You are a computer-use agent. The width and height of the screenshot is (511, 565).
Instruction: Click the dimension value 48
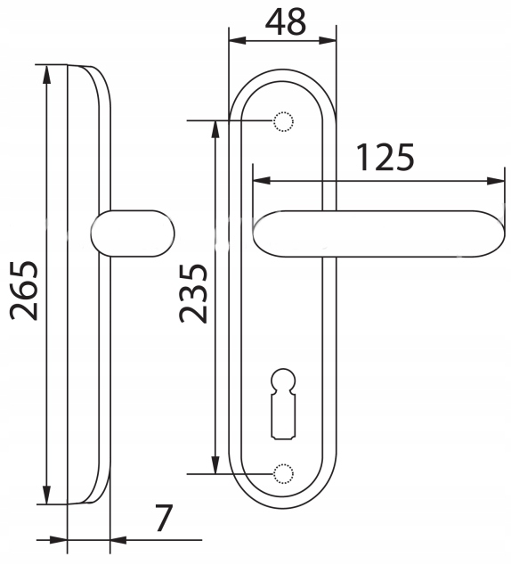tap(286, 22)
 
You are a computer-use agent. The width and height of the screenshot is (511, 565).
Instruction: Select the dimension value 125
tap(385, 157)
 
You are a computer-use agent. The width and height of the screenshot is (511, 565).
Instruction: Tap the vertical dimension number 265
tap(24, 290)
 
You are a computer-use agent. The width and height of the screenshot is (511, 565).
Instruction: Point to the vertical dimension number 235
tap(193, 293)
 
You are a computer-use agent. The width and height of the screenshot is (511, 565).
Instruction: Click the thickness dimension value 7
tap(164, 518)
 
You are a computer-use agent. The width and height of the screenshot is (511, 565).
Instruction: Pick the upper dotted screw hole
tap(283, 121)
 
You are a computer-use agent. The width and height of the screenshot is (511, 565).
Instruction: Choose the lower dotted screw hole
tap(283, 473)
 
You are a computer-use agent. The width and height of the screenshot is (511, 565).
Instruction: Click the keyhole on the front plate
tap(283, 404)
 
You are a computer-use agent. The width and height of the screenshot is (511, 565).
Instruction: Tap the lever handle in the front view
tap(378, 233)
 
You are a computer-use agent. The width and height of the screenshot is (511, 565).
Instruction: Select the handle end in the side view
tap(133, 233)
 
